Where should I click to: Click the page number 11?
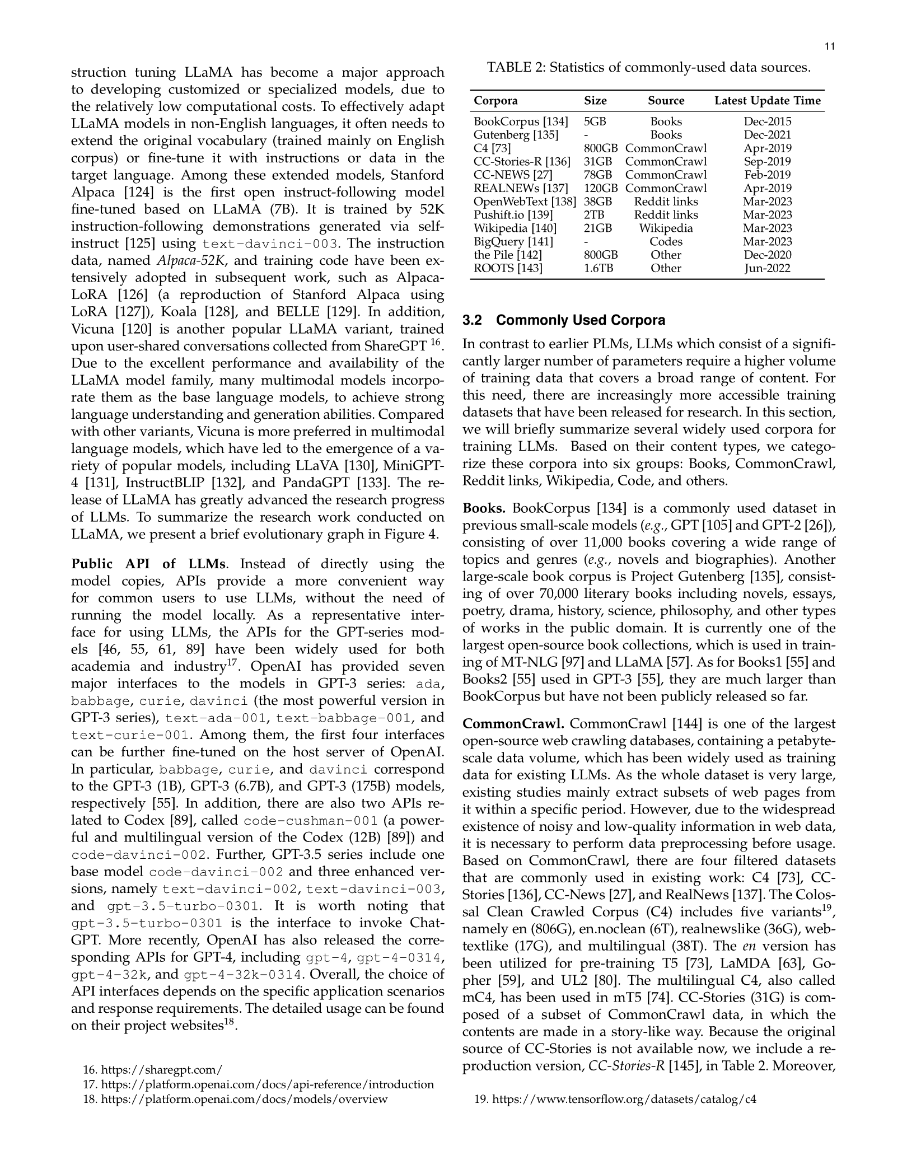pyautogui.click(x=830, y=47)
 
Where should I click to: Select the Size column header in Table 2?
pyautogui.click(x=595, y=101)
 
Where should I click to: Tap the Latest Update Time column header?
pyautogui.click(x=767, y=101)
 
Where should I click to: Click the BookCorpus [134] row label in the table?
pyautogui.click(x=521, y=121)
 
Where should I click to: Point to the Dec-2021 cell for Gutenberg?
pyautogui.click(x=767, y=135)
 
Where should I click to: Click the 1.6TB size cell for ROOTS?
pyautogui.click(x=599, y=268)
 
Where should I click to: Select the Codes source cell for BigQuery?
pyautogui.click(x=666, y=242)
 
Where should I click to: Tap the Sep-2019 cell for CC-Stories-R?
pyautogui.click(x=767, y=162)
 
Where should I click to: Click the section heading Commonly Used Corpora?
pyautogui.click(x=581, y=320)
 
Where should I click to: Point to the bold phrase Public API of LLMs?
pyautogui.click(x=148, y=564)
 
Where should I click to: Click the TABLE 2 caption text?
pyautogui.click(x=648, y=68)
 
